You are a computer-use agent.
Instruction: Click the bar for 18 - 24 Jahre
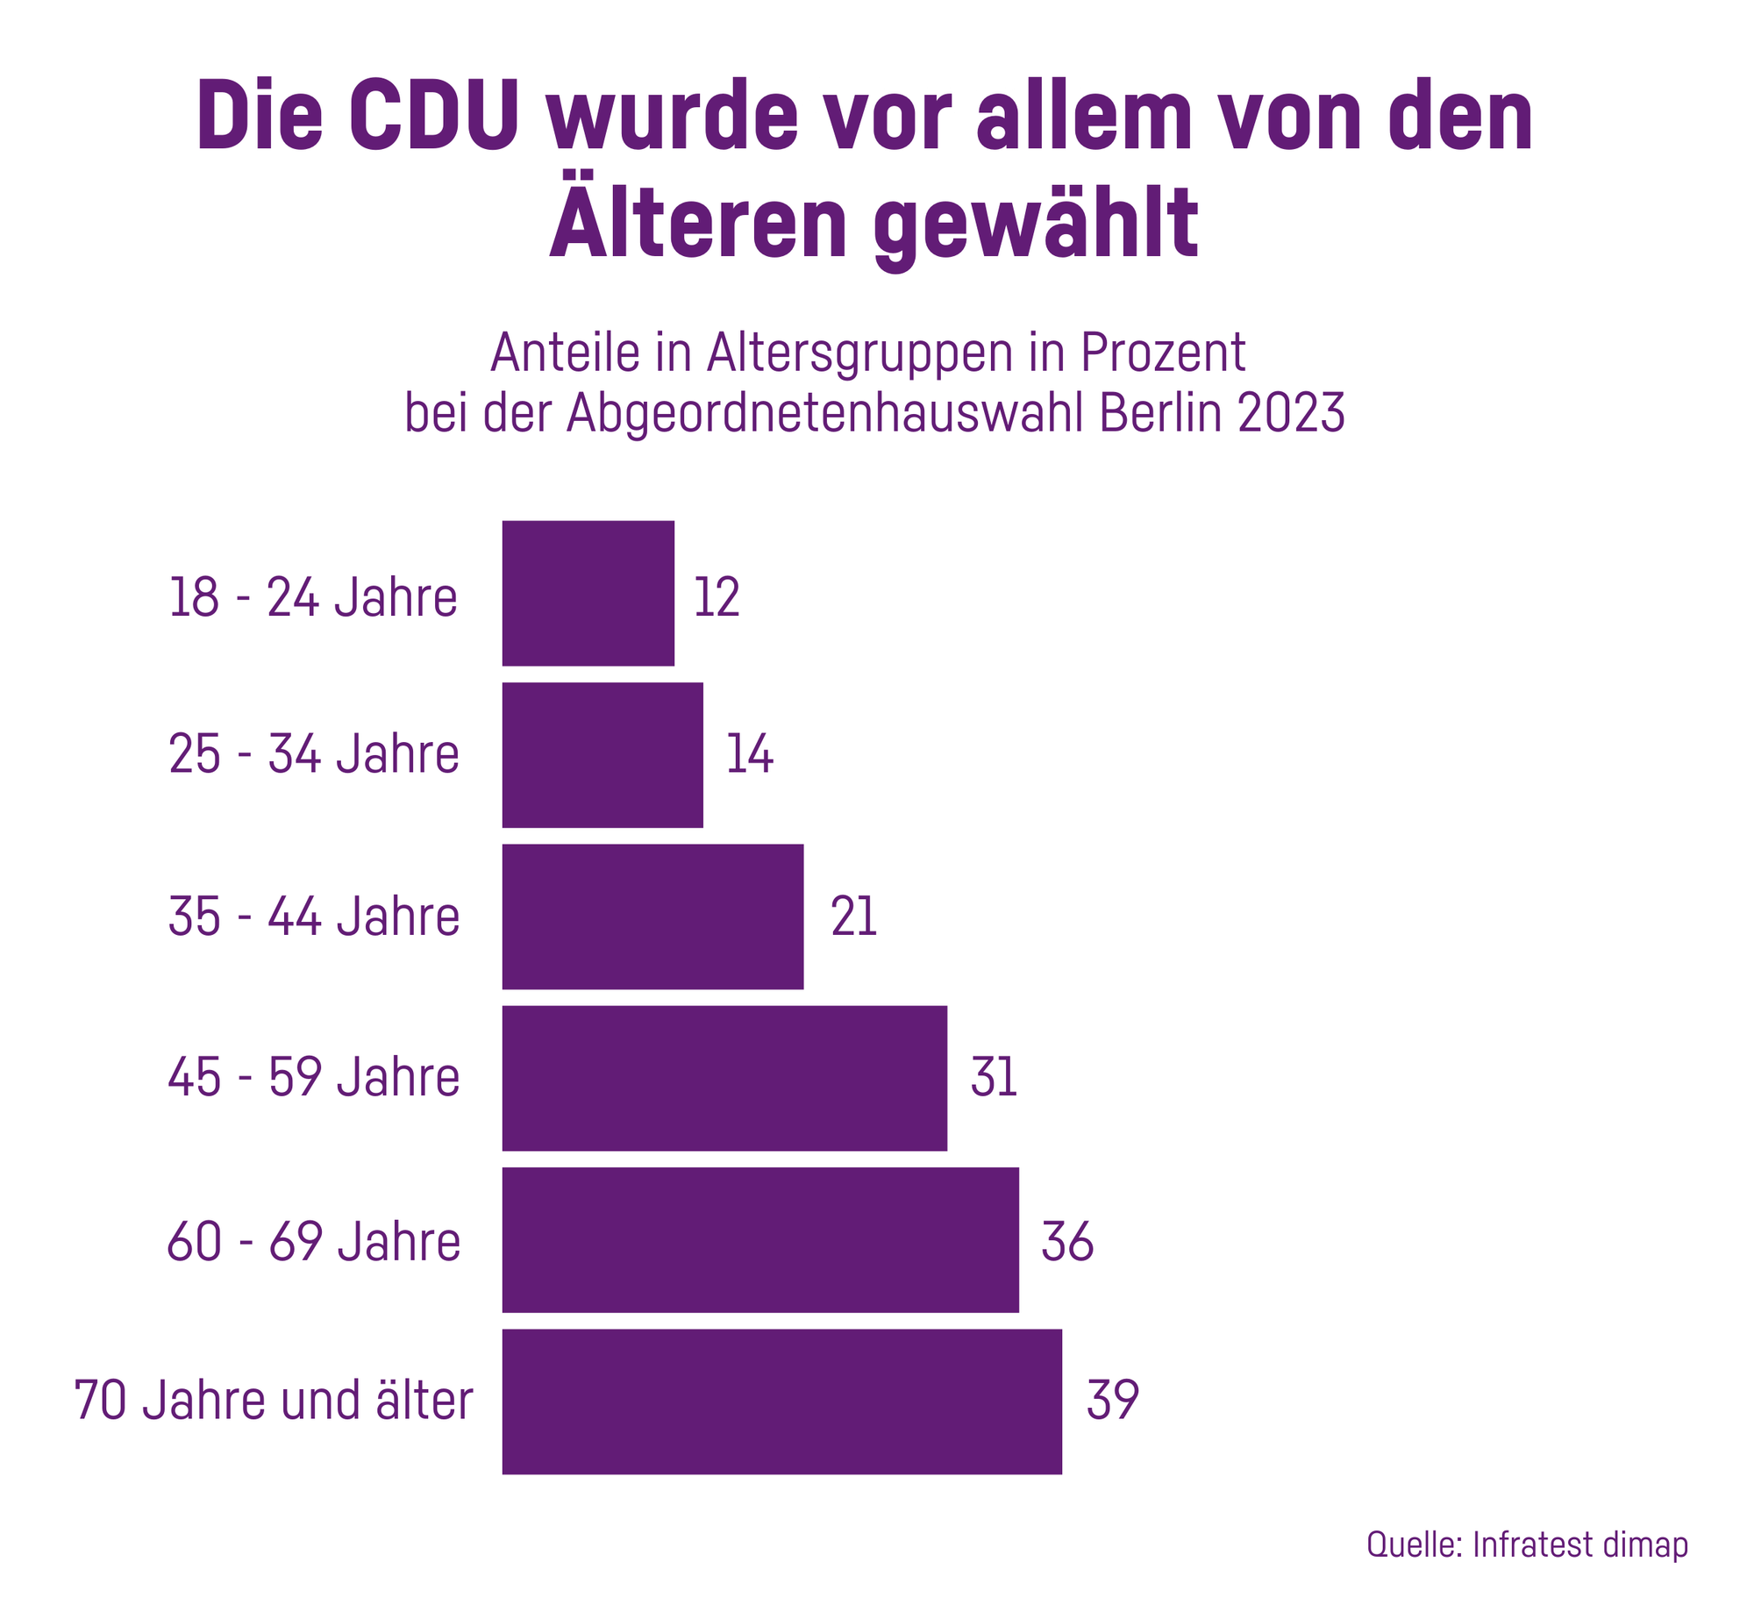[588, 594]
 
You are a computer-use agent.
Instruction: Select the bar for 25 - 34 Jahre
[602, 755]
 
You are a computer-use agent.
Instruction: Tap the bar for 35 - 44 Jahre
[652, 917]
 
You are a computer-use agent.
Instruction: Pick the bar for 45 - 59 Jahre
[724, 1078]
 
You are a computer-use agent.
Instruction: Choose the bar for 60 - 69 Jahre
[760, 1239]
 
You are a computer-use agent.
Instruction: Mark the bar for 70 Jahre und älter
[781, 1402]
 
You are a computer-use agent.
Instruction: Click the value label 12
[717, 598]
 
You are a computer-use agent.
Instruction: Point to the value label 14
[749, 754]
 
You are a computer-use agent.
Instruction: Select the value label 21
[853, 917]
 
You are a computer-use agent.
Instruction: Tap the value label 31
[994, 1078]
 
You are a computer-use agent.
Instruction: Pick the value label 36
[1066, 1242]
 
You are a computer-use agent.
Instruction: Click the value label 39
[1112, 1400]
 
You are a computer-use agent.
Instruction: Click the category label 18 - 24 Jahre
[313, 598]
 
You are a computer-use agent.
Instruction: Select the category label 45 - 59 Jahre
[314, 1078]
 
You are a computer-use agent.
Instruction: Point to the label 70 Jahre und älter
[274, 1400]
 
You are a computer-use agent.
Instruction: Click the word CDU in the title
[433, 117]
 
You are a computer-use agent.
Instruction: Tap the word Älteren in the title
[698, 222]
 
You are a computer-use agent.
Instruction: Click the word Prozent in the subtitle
[1162, 353]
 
